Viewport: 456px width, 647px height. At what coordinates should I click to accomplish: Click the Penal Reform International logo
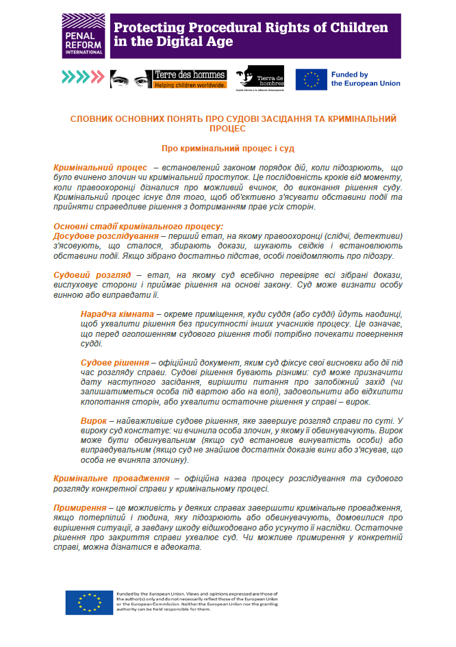point(83,35)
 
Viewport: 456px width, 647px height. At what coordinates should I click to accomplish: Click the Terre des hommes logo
point(180,79)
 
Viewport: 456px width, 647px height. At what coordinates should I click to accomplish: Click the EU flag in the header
point(311,79)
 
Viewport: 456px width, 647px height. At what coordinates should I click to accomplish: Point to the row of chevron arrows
point(82,77)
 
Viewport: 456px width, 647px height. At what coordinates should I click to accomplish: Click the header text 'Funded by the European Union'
point(366,79)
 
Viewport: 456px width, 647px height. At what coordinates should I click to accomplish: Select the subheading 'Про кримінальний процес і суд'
point(228,148)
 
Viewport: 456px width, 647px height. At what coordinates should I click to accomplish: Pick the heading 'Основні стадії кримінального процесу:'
point(138,227)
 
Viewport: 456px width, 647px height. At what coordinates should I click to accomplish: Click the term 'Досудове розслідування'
point(105,236)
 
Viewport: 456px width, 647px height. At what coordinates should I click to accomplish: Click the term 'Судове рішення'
point(114,361)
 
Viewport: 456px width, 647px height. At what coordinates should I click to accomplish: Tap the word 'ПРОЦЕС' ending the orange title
point(228,128)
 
